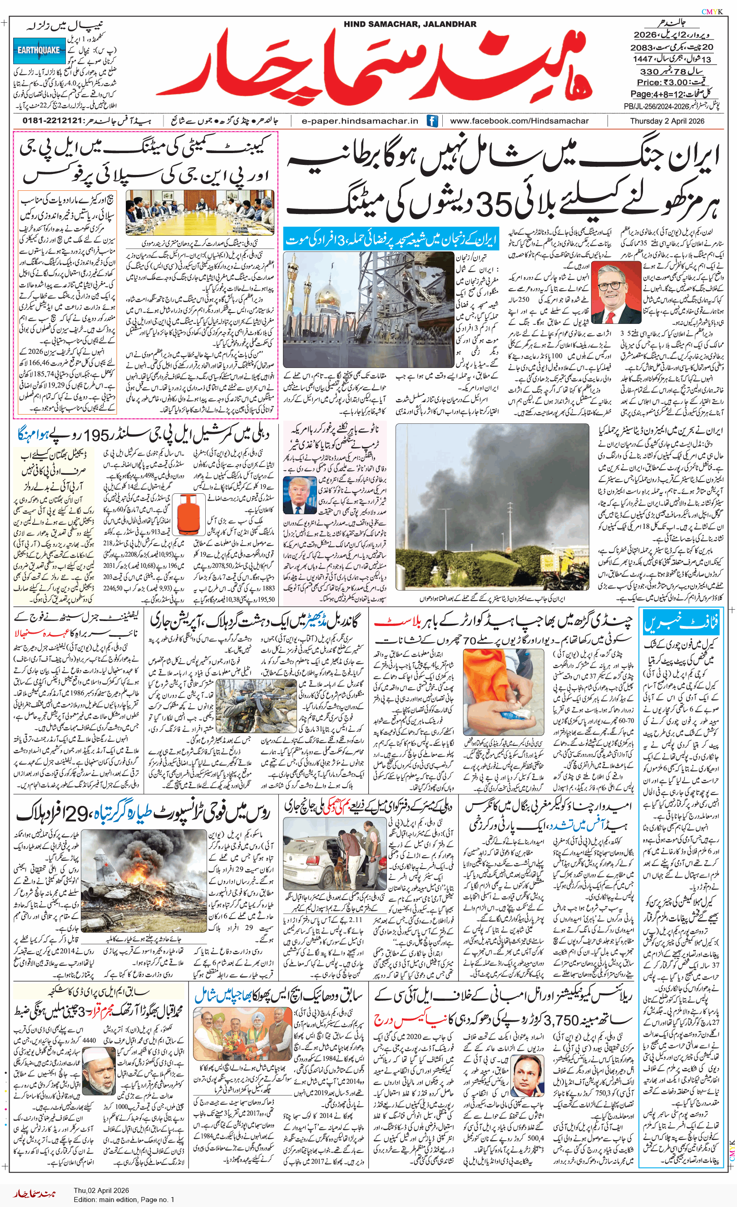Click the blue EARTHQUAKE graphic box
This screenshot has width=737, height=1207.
39,50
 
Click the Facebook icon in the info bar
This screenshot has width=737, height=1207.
432,121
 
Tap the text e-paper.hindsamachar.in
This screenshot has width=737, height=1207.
360,121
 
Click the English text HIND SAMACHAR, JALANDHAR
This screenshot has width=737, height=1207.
410,24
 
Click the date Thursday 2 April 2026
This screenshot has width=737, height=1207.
667,121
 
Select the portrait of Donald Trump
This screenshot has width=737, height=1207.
299,495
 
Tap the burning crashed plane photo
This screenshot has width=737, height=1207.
143,880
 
